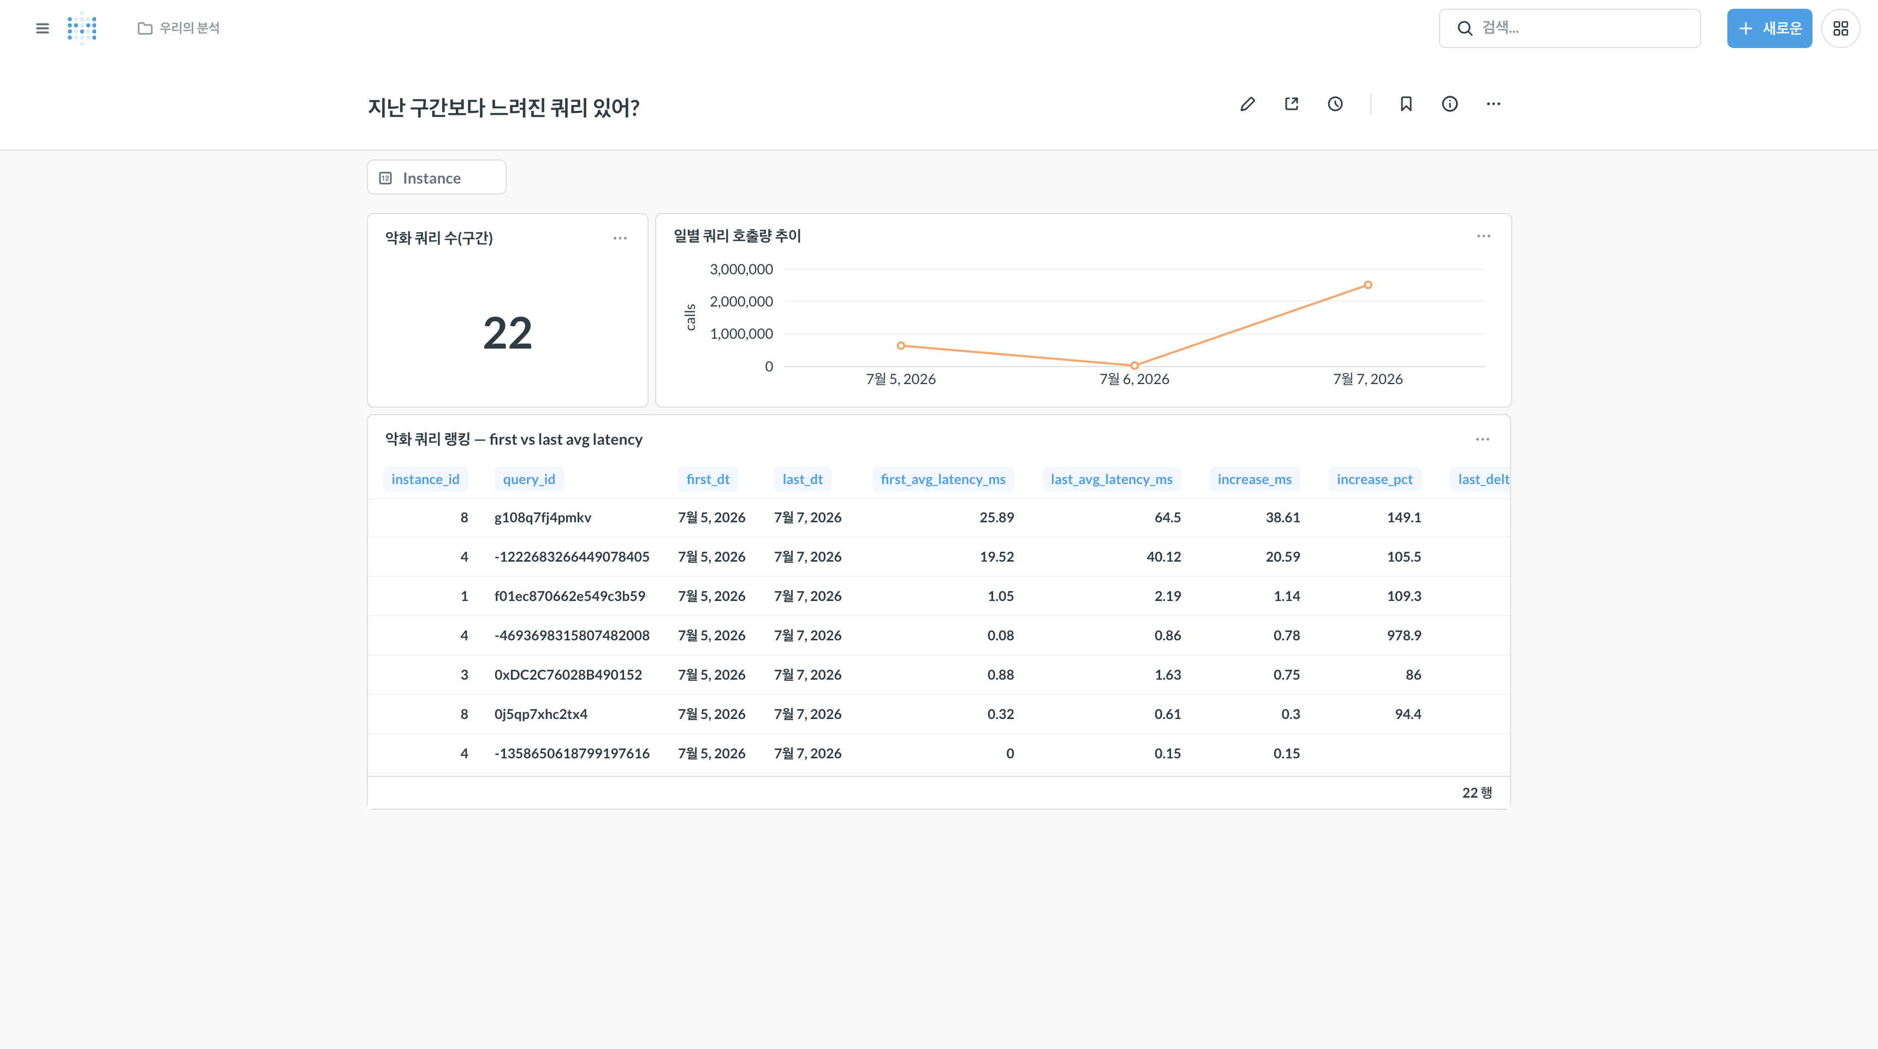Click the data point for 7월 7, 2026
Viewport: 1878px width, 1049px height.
(x=1368, y=285)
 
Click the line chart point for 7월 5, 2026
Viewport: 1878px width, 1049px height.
(x=901, y=346)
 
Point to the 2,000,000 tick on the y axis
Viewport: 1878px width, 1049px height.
(x=741, y=301)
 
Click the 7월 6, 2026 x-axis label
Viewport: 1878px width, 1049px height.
(x=1134, y=379)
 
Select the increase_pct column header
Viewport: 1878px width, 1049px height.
(x=1374, y=479)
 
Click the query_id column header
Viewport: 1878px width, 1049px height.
(x=530, y=479)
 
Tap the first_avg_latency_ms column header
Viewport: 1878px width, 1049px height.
(x=943, y=479)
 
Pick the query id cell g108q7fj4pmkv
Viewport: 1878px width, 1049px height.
(x=543, y=517)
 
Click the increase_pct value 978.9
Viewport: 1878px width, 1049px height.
(x=1404, y=635)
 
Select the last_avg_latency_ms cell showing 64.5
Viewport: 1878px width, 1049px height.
(x=1167, y=517)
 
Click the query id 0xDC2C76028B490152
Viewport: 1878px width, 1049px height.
(x=568, y=675)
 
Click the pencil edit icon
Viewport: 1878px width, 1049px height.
(x=1247, y=104)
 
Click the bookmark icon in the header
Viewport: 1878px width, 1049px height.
(x=1406, y=104)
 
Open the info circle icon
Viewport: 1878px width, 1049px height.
(x=1450, y=104)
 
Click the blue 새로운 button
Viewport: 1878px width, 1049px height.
(x=1769, y=28)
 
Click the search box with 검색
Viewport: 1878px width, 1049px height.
(x=1570, y=28)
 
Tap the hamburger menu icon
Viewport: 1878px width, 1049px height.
(x=42, y=28)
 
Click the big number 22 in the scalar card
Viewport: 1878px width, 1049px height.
(x=507, y=333)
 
